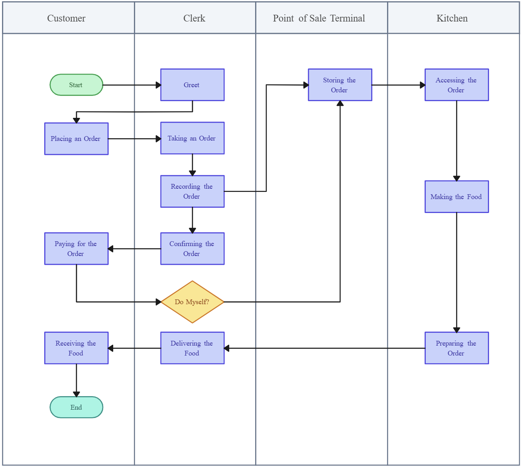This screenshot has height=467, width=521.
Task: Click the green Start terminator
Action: point(76,85)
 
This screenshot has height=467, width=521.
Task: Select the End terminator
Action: point(76,407)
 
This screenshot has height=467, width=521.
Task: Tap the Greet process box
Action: point(192,85)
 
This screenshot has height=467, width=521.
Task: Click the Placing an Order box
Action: point(76,139)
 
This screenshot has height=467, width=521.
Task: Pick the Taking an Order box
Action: point(192,138)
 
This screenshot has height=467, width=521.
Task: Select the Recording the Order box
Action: point(192,191)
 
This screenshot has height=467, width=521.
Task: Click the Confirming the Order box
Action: point(192,249)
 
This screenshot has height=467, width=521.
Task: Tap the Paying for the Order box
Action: point(76,249)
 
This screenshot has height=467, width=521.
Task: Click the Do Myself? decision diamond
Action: point(192,302)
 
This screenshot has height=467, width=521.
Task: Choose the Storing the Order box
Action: point(340,85)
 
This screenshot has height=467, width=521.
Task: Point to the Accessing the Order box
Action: point(456,85)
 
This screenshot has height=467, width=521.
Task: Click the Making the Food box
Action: point(456,197)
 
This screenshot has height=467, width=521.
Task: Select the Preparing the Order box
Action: point(456,348)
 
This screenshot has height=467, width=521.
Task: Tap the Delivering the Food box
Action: point(192,348)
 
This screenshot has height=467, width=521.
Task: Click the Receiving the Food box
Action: point(76,348)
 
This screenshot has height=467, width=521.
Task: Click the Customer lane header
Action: point(67,18)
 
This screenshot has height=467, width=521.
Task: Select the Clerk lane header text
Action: point(194,18)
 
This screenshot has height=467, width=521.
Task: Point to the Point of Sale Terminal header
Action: point(319,18)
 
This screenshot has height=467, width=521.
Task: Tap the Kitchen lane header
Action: point(452,18)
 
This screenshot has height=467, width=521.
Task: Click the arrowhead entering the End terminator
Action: point(77,394)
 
